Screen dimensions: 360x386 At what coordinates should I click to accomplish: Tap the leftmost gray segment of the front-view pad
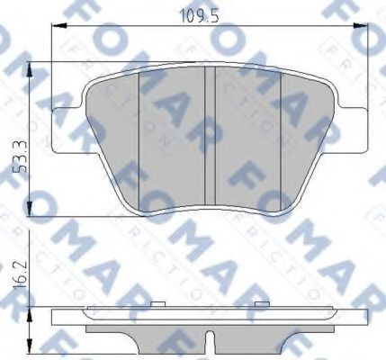(114, 135)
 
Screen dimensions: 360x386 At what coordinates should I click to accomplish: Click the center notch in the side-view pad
(209, 343)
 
